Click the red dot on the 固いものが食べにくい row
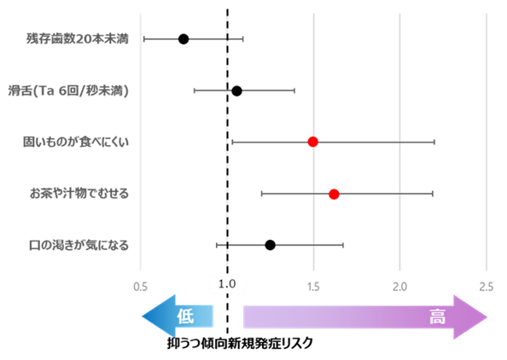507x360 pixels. (312, 142)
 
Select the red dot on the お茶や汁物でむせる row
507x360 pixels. (334, 195)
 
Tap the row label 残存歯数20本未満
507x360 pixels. (77, 38)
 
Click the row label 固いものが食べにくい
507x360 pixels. (76, 142)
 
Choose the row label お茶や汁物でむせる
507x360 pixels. (79, 194)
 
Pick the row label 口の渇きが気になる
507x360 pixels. (79, 246)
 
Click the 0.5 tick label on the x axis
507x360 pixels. (141, 285)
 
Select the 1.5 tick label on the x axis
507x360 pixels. (313, 285)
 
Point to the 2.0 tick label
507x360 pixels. (399, 285)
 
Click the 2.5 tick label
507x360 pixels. (486, 285)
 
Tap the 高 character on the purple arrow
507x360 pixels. (436, 317)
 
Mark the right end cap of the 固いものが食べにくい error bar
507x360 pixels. (434, 142)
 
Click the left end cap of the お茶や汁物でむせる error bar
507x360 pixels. (261, 195)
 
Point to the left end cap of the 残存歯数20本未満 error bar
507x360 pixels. (143, 38)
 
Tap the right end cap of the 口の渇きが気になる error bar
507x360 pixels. (343, 246)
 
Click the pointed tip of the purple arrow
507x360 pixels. (487, 317)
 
